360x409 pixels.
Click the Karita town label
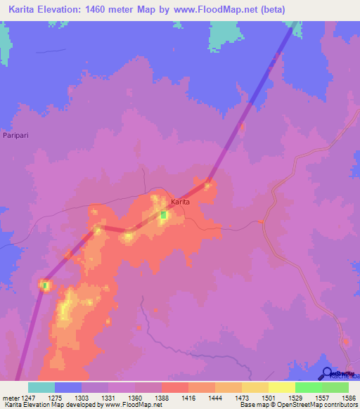tap(181, 202)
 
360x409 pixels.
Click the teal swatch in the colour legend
tap(41, 387)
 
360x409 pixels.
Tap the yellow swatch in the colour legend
tap(281, 387)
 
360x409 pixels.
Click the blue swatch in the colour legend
tap(68, 387)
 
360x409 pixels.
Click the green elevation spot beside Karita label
tap(164, 214)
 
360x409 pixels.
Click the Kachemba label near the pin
tap(345, 376)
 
